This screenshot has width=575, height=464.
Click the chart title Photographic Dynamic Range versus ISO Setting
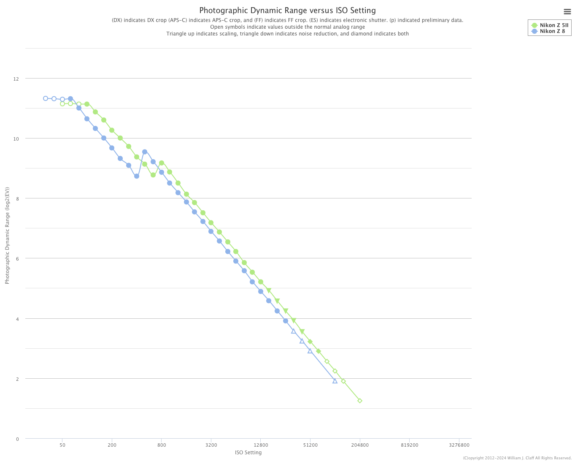287,11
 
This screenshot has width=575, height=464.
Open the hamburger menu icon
567,12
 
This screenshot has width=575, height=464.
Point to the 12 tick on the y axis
16,79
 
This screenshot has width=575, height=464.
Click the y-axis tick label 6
17,259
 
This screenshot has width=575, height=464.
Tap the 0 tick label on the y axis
17,439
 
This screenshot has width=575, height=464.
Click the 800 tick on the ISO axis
162,445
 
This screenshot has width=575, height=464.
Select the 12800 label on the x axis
261,445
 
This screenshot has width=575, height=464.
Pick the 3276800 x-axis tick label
459,445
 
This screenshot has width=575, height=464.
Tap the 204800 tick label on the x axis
360,445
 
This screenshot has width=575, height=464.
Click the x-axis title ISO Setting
248,453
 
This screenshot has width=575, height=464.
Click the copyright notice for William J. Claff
517,458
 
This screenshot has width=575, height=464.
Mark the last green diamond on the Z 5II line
360,401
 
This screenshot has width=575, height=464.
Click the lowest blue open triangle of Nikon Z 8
335,381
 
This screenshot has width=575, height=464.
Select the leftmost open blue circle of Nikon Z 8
46,98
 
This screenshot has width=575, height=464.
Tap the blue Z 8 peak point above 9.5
145,152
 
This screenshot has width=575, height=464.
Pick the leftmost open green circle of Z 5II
62,104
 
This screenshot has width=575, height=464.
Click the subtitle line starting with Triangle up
287,34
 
